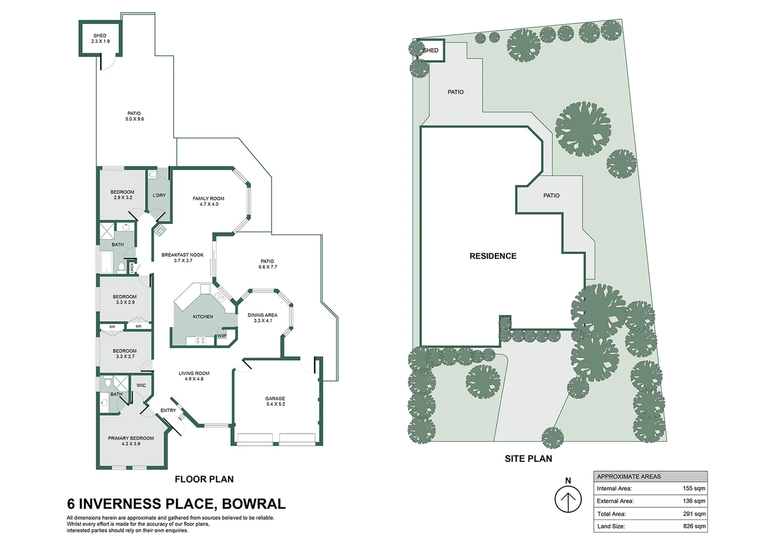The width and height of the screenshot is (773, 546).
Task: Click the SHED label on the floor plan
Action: (x=100, y=35)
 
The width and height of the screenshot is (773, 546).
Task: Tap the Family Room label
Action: (x=208, y=198)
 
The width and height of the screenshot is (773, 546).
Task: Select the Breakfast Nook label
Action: (x=183, y=255)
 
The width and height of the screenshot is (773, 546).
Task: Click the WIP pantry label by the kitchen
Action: (x=222, y=336)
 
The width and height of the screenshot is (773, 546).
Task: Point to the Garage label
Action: (x=275, y=398)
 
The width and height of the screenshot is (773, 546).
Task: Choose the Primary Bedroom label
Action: (x=131, y=438)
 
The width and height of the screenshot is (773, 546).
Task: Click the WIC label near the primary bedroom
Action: (x=141, y=385)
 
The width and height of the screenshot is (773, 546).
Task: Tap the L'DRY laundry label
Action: (x=159, y=195)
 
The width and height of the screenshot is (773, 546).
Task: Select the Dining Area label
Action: (x=262, y=315)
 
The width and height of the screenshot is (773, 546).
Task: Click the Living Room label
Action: (x=194, y=373)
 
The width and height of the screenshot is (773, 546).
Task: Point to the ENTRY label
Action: (x=168, y=410)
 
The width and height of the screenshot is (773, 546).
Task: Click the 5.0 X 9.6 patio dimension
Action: (x=135, y=119)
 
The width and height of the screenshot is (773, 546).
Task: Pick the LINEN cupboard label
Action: (x=132, y=268)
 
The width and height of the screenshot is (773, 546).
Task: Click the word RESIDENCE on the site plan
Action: (x=493, y=256)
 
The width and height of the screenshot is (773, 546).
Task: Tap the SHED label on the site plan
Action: (x=431, y=51)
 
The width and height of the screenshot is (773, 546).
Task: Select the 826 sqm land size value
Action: (x=694, y=526)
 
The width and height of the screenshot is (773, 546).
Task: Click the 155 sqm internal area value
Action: (x=694, y=488)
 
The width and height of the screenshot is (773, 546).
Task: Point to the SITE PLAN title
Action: (x=528, y=459)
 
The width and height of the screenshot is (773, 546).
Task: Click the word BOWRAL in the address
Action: (x=253, y=504)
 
